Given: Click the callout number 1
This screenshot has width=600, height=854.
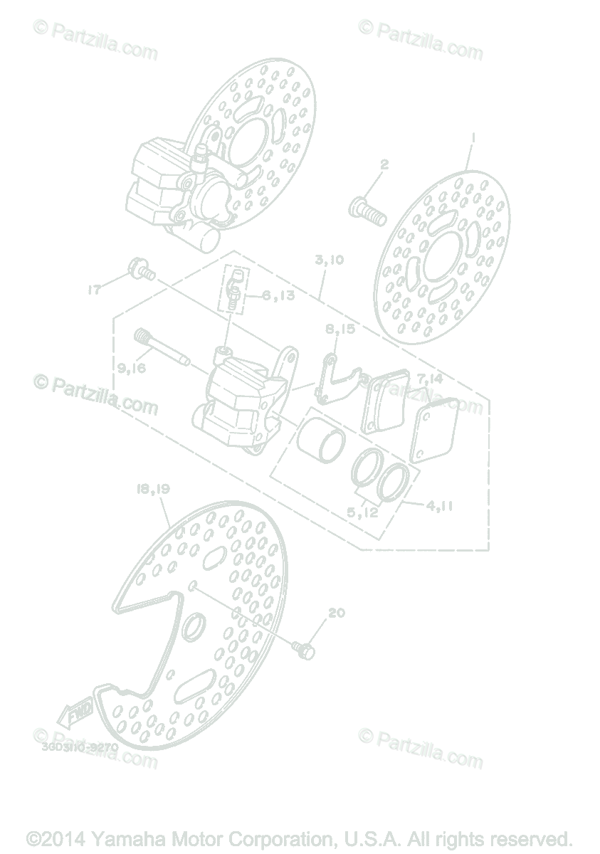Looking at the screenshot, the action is tap(473, 137).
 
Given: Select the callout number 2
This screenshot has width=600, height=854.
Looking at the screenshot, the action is tap(384, 164).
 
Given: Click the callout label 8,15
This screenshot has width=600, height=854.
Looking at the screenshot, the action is tap(341, 330).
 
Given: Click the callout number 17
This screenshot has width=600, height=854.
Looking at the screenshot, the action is tap(94, 290).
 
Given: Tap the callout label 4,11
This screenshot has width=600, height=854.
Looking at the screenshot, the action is tap(440, 507).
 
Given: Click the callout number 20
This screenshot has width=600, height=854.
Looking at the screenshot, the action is tap(337, 612).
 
